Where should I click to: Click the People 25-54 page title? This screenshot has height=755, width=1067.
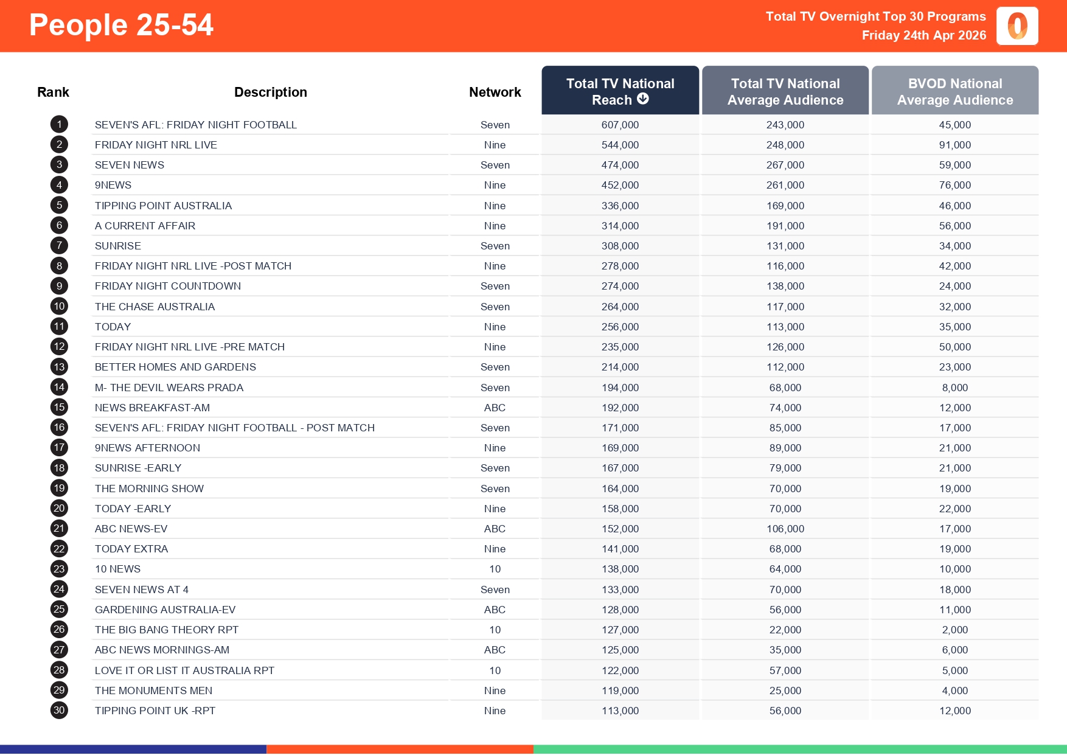[121, 26]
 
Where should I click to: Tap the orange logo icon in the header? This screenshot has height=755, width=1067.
[1017, 26]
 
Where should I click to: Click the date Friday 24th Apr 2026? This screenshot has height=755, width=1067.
[923, 35]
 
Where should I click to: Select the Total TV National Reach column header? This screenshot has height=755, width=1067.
[620, 91]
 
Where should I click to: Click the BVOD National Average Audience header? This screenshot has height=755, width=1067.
[954, 91]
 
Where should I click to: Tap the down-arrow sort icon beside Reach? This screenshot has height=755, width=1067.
[643, 99]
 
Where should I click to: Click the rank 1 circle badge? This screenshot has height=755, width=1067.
[59, 125]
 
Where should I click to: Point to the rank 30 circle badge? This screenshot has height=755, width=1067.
[59, 711]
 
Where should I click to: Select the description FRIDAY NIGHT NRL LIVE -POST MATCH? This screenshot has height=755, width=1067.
[193, 266]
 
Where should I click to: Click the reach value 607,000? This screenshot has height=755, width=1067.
[620, 125]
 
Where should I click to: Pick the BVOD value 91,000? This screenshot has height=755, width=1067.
[954, 145]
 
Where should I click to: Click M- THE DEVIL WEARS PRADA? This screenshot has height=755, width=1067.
[169, 388]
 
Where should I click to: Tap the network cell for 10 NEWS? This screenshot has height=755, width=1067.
[495, 569]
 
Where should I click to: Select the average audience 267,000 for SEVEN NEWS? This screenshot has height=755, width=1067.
[785, 165]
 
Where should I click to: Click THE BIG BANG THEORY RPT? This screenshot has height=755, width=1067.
[166, 630]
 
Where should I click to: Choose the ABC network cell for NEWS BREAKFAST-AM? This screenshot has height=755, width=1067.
[495, 408]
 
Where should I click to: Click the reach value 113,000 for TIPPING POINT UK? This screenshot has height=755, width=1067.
[620, 711]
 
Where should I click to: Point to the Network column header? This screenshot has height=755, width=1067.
[495, 92]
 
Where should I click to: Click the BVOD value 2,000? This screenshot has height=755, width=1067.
[954, 630]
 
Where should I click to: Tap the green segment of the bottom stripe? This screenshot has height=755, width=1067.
[799, 750]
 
